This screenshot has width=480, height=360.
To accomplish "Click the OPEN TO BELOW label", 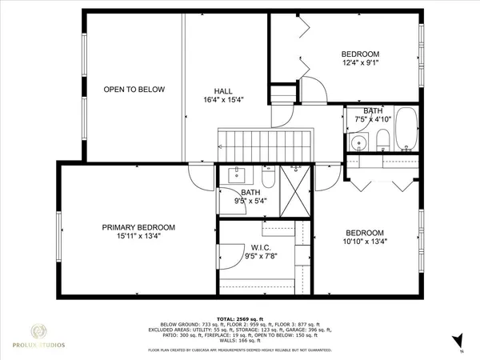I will pyautogui.click(x=134, y=90).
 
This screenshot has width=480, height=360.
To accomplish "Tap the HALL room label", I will pyautogui.click(x=223, y=90).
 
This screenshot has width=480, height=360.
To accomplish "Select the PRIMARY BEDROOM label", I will pyautogui.click(x=138, y=227).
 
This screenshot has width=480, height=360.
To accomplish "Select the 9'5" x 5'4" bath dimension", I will pyautogui.click(x=251, y=202).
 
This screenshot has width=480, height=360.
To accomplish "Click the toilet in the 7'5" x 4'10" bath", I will pyautogui.click(x=382, y=142).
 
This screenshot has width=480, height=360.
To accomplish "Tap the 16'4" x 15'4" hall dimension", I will pyautogui.click(x=223, y=100).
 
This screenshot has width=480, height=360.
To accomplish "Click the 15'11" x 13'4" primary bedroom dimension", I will pyautogui.click(x=138, y=237).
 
